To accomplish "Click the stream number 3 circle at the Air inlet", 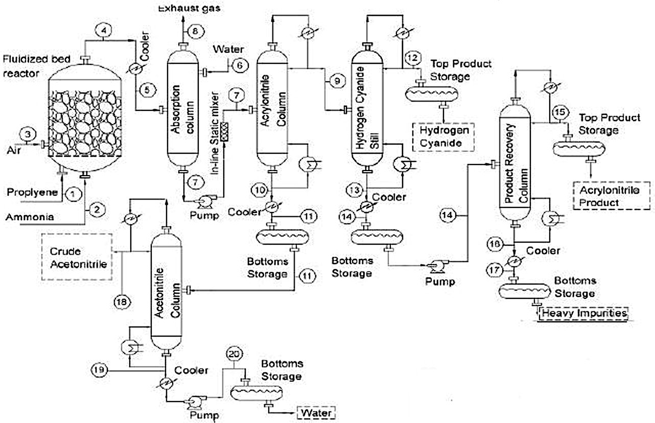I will tap(29, 135).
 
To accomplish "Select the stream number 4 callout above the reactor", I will tap(104, 31).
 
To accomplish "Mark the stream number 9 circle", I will tap(335, 80).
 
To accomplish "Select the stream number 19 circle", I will tap(100, 368).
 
